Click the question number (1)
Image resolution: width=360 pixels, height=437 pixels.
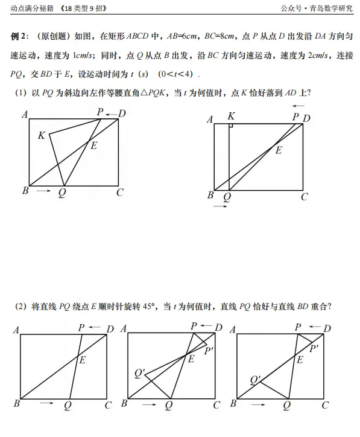point(22,92)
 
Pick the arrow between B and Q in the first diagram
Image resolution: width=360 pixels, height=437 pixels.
point(43,191)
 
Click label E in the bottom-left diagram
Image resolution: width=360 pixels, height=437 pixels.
point(83,360)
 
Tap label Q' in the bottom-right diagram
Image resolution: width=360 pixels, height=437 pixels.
point(255,380)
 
